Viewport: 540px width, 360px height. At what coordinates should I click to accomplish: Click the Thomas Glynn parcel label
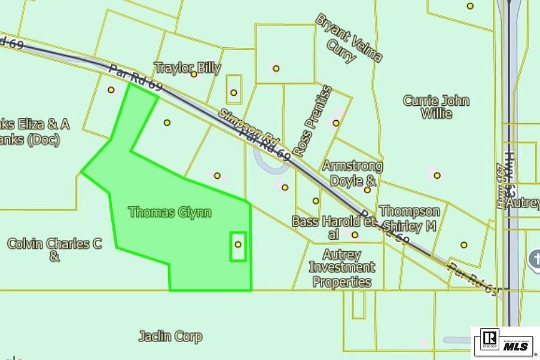(170, 212)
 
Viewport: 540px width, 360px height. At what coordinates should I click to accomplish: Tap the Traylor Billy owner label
(187, 68)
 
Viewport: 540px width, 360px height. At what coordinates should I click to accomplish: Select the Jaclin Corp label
(170, 337)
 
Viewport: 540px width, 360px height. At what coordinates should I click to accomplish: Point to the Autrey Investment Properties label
(342, 269)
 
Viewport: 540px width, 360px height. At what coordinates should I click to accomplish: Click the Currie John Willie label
(436, 107)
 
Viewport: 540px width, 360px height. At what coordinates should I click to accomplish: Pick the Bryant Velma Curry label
(349, 38)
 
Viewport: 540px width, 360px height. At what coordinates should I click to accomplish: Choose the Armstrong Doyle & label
(352, 173)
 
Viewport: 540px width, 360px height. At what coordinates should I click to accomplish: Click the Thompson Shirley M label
(410, 218)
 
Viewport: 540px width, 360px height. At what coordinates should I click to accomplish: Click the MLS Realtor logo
(505, 342)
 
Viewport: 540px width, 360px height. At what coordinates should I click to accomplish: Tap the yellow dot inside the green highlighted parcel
(238, 244)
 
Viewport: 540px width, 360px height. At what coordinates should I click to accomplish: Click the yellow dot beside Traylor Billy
(194, 74)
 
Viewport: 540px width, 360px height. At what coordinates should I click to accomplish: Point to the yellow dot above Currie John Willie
(470, 6)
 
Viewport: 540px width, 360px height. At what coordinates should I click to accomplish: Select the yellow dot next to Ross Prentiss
(336, 123)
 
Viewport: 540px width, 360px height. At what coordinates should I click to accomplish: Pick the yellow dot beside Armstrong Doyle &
(367, 190)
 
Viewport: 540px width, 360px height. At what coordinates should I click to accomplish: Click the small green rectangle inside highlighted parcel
(238, 246)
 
